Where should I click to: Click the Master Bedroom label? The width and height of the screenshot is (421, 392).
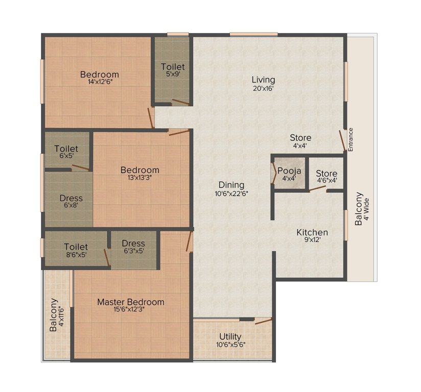[x=130, y=302]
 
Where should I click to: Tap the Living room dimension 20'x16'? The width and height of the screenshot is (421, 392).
[x=263, y=88]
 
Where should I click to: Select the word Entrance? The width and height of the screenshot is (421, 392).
[x=350, y=140]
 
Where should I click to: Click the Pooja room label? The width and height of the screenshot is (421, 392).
[x=289, y=171]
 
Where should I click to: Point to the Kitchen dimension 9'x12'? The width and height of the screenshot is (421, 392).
[x=312, y=239]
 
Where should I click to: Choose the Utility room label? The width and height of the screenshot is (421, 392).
[x=230, y=336]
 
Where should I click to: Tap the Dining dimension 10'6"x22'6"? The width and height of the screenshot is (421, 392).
[x=231, y=193]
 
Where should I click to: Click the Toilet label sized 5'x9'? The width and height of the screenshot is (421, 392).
[x=173, y=67]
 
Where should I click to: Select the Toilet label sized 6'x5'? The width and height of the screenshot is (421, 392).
[x=66, y=149]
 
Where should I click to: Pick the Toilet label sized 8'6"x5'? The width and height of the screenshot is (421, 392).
[x=76, y=247]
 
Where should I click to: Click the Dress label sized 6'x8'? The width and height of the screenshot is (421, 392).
[x=71, y=198]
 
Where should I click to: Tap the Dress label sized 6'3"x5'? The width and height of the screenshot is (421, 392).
[x=133, y=243]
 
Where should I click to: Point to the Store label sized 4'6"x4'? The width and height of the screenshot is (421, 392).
[x=326, y=174]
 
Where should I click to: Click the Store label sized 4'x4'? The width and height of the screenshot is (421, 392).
[x=300, y=138]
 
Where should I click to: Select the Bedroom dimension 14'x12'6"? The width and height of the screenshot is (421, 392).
[x=100, y=82]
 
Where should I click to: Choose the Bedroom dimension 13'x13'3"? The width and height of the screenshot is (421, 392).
[x=139, y=177]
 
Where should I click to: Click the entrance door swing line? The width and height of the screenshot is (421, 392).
[x=342, y=140]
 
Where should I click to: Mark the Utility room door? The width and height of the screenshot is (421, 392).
[x=264, y=321]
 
